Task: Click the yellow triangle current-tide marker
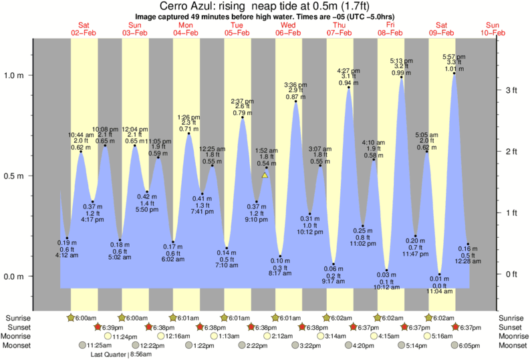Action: click(x=265, y=176)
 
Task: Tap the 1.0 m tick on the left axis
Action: click(x=30, y=75)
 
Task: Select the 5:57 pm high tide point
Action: click(x=454, y=73)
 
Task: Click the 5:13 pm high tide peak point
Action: click(x=401, y=77)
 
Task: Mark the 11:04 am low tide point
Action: click(x=439, y=274)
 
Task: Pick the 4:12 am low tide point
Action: click(x=68, y=238)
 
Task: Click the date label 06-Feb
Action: click(x=288, y=33)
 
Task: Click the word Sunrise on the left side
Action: click(x=19, y=317)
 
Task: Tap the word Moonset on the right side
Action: click(x=511, y=345)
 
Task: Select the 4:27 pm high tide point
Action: click(x=349, y=87)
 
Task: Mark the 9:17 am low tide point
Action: click(x=334, y=264)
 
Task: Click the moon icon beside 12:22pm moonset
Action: click(x=136, y=345)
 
